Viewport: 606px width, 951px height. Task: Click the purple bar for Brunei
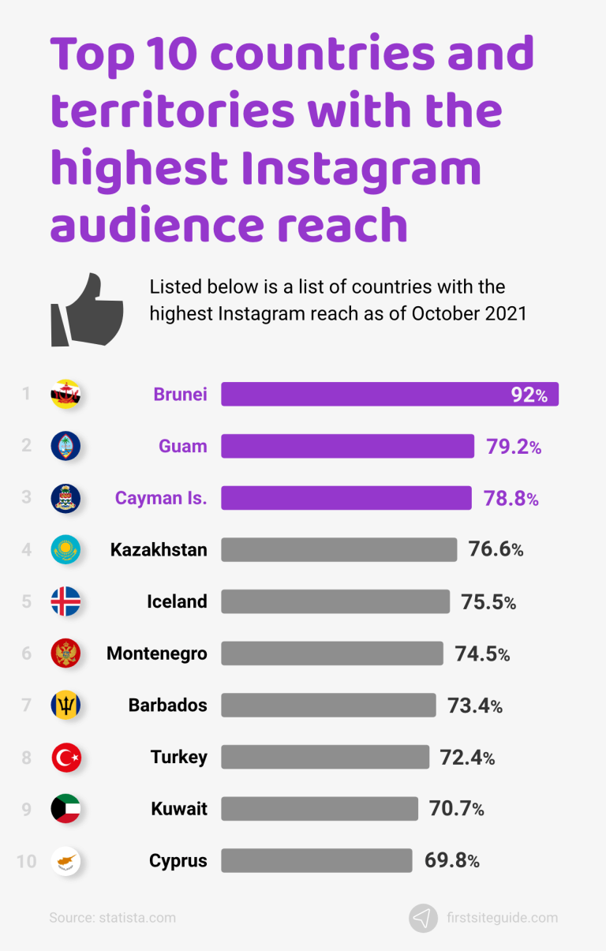pyautogui.click(x=389, y=394)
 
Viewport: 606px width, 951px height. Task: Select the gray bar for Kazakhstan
pyautogui.click(x=339, y=549)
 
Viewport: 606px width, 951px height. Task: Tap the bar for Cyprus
pyautogui.click(x=316, y=860)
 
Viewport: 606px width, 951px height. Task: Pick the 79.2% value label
pyautogui.click(x=513, y=447)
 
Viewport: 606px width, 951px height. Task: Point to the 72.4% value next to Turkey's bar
pyautogui.click(x=467, y=758)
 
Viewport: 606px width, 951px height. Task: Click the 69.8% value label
pyautogui.click(x=451, y=860)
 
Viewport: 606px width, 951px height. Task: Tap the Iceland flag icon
pyautogui.click(x=65, y=601)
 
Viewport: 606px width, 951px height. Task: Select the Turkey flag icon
pyautogui.click(x=65, y=758)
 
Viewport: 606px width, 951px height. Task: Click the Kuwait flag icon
pyautogui.click(x=65, y=809)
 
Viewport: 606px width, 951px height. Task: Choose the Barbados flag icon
pyautogui.click(x=65, y=705)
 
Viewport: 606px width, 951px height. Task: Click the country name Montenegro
pyautogui.click(x=157, y=653)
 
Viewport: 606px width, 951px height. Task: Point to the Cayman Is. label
pyautogui.click(x=161, y=498)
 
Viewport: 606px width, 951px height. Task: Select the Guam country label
pyautogui.click(x=182, y=447)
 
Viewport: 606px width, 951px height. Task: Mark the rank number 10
pyautogui.click(x=26, y=860)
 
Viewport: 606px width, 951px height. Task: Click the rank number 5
pyautogui.click(x=26, y=601)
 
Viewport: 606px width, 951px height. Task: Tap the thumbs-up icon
pyautogui.click(x=87, y=309)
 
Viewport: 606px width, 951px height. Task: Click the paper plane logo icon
pyautogui.click(x=423, y=918)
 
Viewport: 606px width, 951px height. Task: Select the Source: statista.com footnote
pyautogui.click(x=112, y=918)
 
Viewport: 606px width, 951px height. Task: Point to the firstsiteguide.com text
pyautogui.click(x=501, y=918)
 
